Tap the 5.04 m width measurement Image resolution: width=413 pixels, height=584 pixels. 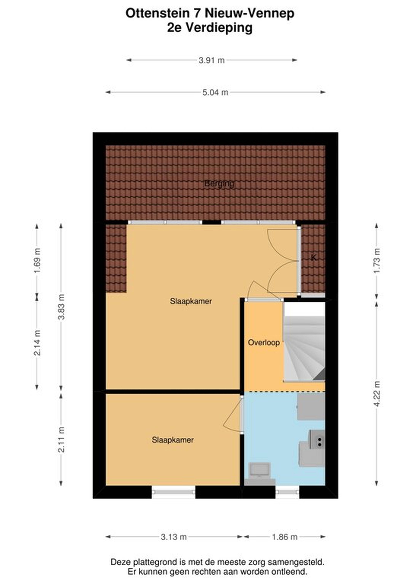215,92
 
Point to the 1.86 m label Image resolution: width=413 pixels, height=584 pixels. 284,537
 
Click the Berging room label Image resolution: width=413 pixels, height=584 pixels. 219,184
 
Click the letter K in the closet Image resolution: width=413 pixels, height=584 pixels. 314,258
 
